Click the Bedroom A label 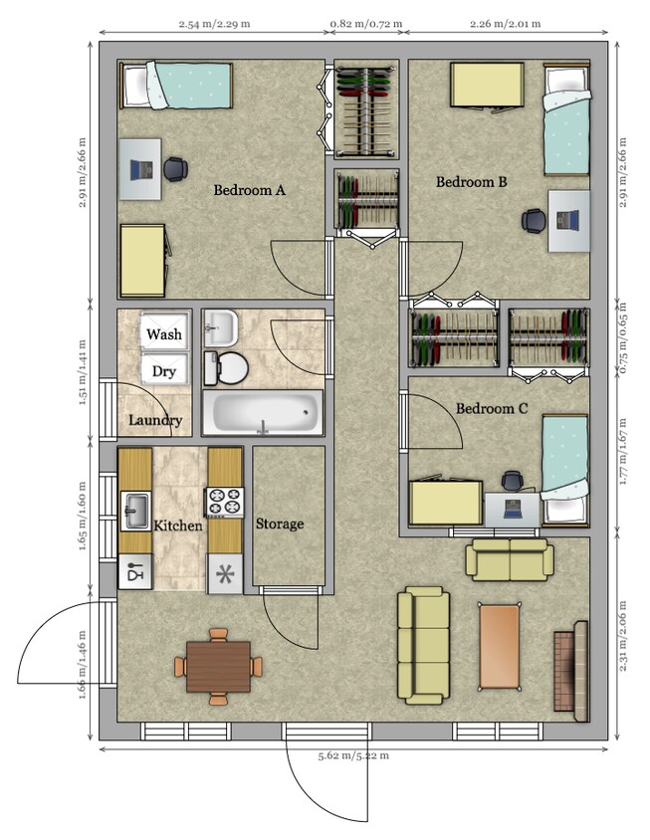[249, 190]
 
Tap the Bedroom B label [471, 182]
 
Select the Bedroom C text [492, 409]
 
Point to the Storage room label [279, 524]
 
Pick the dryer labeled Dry [164, 368]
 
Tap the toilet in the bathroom [226, 368]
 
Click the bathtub [263, 413]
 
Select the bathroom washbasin [220, 327]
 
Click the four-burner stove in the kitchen [225, 502]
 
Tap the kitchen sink [135, 512]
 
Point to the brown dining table [219, 667]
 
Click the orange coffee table [500, 646]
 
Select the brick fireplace [570, 671]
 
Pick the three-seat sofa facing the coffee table [423, 646]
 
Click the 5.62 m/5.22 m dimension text [353, 755]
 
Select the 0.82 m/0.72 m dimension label [366, 24]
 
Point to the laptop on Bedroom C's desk [514, 509]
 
